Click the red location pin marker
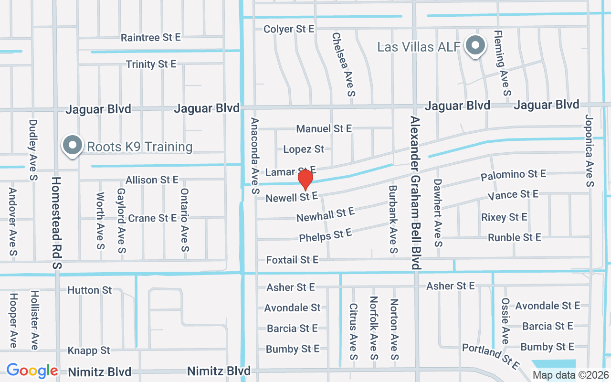pos(305,180)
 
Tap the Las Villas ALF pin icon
pos(475,46)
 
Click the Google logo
pos(32,371)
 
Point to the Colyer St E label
pos(289,29)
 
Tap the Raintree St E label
pos(150,37)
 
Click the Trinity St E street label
pos(151,64)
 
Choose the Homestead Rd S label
pos(57,223)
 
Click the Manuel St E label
pos(324,128)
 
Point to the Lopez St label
pos(304,149)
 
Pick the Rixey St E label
pos(504,217)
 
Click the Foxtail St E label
pos(292,260)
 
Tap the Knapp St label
pos(89,350)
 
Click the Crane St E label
pos(152,218)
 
